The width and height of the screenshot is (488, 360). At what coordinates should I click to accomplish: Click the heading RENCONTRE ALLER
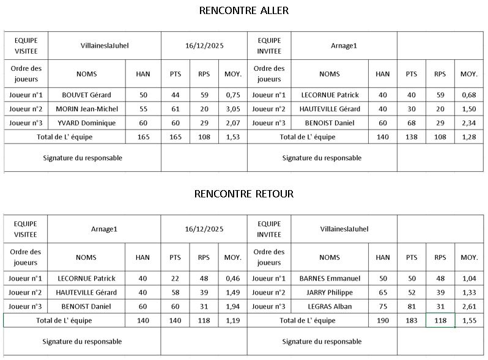pos(243,10)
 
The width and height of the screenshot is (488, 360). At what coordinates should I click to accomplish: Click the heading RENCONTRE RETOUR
pos(243,194)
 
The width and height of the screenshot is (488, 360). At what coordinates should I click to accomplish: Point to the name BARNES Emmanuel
pos(330,278)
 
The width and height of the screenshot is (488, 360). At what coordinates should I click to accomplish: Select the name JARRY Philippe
pos(330,292)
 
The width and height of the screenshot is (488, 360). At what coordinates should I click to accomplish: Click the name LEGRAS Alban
pos(330,306)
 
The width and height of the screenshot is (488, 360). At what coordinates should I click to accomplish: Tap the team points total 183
pos(411,320)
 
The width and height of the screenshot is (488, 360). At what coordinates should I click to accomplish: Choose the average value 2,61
pos(468,306)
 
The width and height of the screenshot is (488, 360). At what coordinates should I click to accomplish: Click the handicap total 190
pos(382,320)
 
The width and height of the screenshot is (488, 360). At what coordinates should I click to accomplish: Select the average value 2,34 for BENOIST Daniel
pos(468,123)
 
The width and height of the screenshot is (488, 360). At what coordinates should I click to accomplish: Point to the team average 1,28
pos(468,137)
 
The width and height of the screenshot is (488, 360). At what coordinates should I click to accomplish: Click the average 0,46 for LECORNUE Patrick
pos(232,278)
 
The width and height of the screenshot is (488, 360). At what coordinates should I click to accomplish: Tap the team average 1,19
pos(232,320)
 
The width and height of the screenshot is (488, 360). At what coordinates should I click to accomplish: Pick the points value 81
pos(411,306)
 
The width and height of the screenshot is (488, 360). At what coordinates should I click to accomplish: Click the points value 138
pos(411,137)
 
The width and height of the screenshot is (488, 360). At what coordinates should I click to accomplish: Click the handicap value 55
pos(143,109)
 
